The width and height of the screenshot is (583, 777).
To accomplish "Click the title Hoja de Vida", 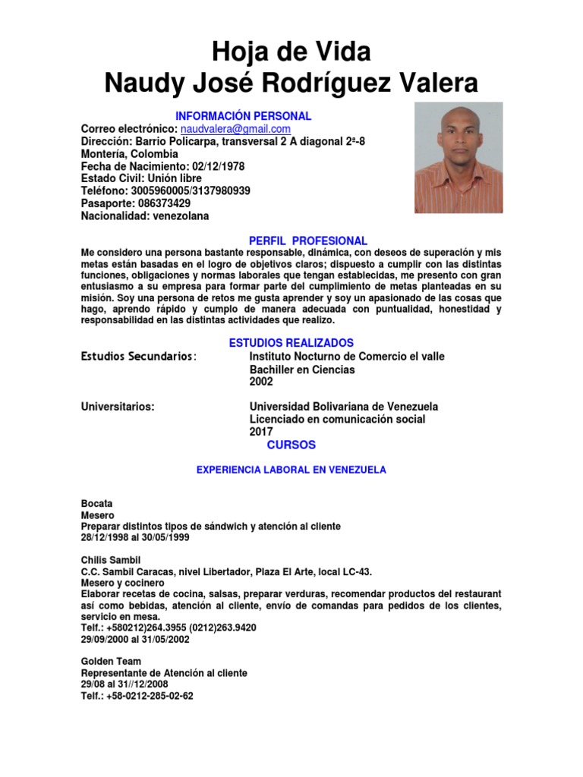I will click(291, 52).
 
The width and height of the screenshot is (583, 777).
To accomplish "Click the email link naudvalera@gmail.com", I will click(235, 130).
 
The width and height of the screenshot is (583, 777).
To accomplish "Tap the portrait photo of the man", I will click(458, 158).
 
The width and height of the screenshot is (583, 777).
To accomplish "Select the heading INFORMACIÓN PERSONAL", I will click(243, 116).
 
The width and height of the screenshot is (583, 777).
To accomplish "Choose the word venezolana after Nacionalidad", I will click(181, 216).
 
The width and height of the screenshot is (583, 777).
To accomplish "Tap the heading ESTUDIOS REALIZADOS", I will click(291, 343).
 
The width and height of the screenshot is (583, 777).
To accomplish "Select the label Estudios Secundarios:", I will click(139, 357).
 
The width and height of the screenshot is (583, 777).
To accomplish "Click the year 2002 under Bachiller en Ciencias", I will click(261, 382).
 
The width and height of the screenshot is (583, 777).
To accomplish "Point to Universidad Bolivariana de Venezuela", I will click(343, 407).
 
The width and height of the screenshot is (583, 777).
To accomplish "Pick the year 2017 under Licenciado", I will click(261, 432).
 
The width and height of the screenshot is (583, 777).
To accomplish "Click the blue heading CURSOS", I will click(291, 445).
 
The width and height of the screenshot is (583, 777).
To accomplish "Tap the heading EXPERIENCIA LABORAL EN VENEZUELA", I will click(291, 470).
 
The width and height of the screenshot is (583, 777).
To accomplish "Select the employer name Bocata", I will click(96, 504).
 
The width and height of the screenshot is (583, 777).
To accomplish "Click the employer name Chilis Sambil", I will click(111, 560).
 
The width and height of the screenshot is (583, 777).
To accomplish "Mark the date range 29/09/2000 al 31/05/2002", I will click(135, 640).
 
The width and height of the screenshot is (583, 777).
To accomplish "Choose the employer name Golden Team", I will click(111, 662).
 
